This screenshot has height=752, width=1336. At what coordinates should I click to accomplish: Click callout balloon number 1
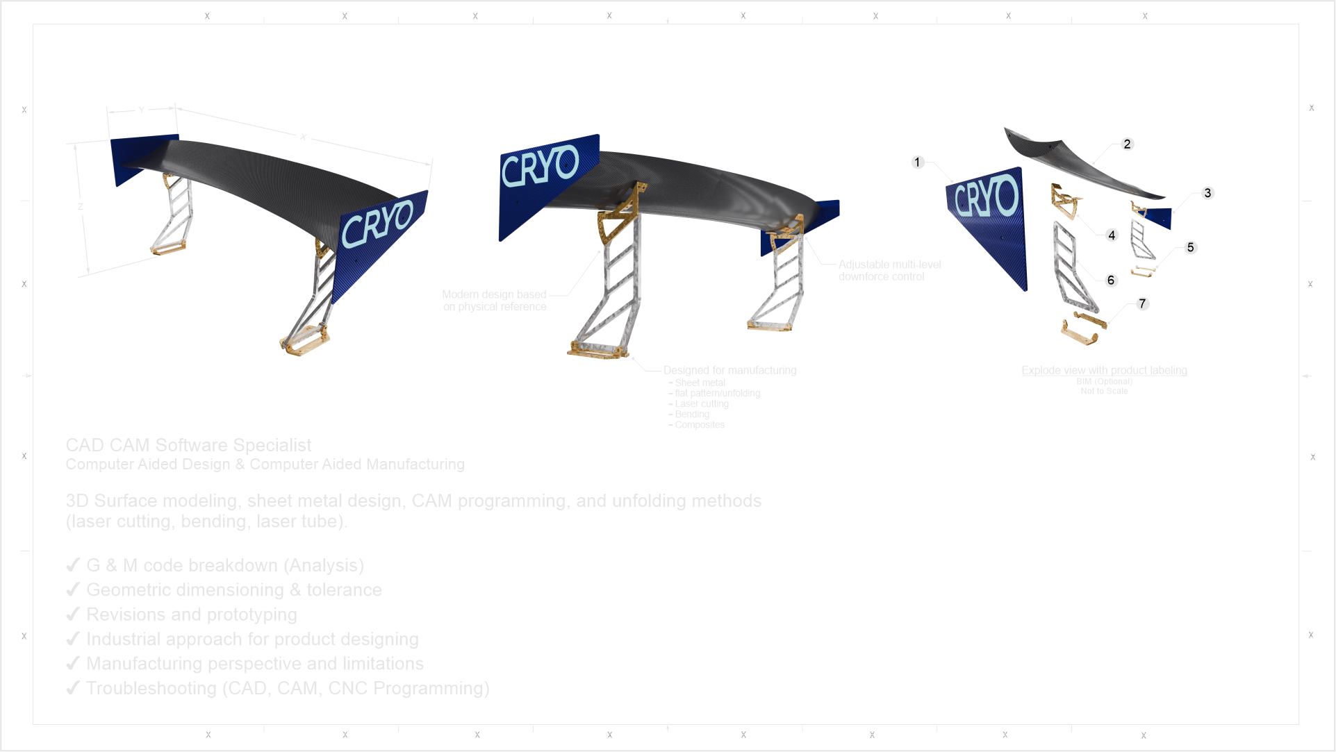coord(917,162)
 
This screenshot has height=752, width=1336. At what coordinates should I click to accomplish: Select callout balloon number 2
coord(1127,144)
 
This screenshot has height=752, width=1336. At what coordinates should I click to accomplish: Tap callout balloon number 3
coord(1207,193)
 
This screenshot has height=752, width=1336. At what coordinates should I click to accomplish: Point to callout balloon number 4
coord(1112,235)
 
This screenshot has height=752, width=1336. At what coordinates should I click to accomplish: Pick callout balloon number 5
coord(1190,247)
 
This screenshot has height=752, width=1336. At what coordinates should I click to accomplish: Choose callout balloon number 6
coord(1111,280)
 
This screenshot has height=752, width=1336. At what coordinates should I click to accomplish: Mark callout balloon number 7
coord(1142,303)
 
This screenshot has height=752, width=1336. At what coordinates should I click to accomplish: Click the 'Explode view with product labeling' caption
coord(1104,370)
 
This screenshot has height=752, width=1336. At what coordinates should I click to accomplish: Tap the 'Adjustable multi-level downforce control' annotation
coord(889,270)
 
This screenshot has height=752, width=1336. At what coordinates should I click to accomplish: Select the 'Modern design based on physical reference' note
coord(495,301)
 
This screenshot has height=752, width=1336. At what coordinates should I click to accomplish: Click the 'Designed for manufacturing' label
coord(729,370)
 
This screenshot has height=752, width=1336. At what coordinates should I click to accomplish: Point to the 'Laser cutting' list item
coord(702,404)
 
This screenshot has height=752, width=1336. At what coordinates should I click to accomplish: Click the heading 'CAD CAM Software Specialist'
coord(188,445)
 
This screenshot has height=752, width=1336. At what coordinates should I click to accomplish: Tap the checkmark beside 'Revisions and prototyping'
coord(72,615)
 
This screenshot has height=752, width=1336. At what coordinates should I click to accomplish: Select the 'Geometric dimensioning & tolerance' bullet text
coord(234,590)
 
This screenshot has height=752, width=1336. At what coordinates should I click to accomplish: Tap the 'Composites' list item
coord(699,425)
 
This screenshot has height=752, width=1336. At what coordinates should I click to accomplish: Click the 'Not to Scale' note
coord(1104,392)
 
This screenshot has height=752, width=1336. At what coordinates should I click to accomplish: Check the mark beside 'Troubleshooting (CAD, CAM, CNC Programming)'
coord(72,688)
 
